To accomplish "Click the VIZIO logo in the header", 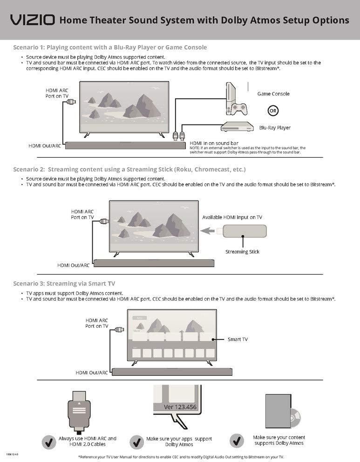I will click(x=33, y=20).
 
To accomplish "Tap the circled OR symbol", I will click(x=273, y=111).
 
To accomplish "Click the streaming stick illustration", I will click(x=245, y=231).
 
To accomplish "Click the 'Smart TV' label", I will click(x=238, y=339).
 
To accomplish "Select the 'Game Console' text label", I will click(x=273, y=94).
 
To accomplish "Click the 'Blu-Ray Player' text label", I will click(x=275, y=127).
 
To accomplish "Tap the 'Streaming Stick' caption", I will click(x=242, y=252).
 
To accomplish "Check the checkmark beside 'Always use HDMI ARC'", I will click(x=49, y=441).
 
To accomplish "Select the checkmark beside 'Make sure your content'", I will click(x=237, y=440).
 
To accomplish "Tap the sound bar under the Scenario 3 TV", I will click(x=172, y=372).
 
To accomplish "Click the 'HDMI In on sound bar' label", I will click(x=214, y=143).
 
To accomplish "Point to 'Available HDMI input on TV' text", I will click(x=232, y=217).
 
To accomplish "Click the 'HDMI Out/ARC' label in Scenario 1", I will click(x=45, y=146).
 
